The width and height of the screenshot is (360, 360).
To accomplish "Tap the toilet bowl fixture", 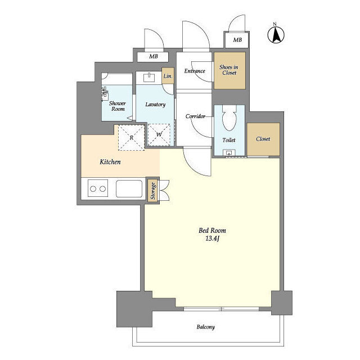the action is click(229, 118).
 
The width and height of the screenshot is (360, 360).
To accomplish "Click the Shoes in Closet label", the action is click(229, 70).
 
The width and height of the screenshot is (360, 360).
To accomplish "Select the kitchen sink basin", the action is click(129, 189).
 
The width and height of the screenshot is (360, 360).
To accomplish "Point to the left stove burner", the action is click(93, 189).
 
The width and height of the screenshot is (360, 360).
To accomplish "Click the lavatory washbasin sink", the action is click(149, 78).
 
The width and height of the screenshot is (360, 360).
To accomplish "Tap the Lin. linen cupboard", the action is click(168, 76).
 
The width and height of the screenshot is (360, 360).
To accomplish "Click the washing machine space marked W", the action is click(159, 135).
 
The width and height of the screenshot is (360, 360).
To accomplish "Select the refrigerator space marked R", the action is click(131, 138).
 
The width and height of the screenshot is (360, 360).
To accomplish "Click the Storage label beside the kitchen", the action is click(153, 191).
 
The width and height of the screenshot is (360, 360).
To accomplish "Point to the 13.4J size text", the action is click(213, 238).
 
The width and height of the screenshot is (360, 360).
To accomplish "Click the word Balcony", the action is click(205, 327).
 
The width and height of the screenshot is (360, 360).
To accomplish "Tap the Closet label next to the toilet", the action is click(263, 139).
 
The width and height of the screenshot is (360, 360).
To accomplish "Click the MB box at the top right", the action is click(237, 40).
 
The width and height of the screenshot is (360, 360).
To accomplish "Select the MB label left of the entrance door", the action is click(154, 56).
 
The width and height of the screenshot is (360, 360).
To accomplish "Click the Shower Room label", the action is click(118, 106).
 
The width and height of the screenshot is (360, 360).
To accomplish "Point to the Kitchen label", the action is click(110, 162).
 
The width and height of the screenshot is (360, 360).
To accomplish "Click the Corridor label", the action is click(195, 116).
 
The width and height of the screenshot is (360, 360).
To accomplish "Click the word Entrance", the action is click(195, 71).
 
